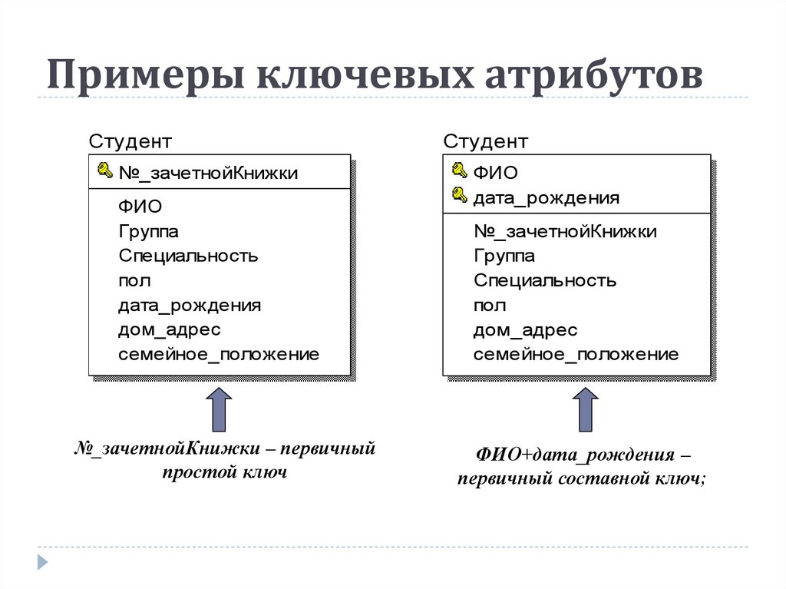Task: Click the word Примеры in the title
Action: (146, 74)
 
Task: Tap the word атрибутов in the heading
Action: (593, 74)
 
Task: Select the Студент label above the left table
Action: (130, 141)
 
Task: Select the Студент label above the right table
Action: (485, 141)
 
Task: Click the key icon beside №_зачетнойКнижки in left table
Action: (104, 170)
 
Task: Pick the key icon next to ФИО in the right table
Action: (459, 170)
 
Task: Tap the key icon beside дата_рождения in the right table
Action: (459, 194)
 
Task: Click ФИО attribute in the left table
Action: (140, 207)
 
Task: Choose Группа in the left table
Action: (148, 231)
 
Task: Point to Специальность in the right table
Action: (545, 280)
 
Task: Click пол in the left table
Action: (134, 281)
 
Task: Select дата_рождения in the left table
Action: (190, 306)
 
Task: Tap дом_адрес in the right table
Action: (525, 330)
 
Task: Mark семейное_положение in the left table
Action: (219, 355)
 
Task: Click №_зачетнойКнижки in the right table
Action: (565, 231)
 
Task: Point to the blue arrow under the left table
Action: (219, 409)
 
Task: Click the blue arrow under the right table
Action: (586, 409)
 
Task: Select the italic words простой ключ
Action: (225, 472)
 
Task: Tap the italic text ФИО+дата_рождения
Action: (575, 455)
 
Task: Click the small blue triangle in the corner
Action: (43, 562)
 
